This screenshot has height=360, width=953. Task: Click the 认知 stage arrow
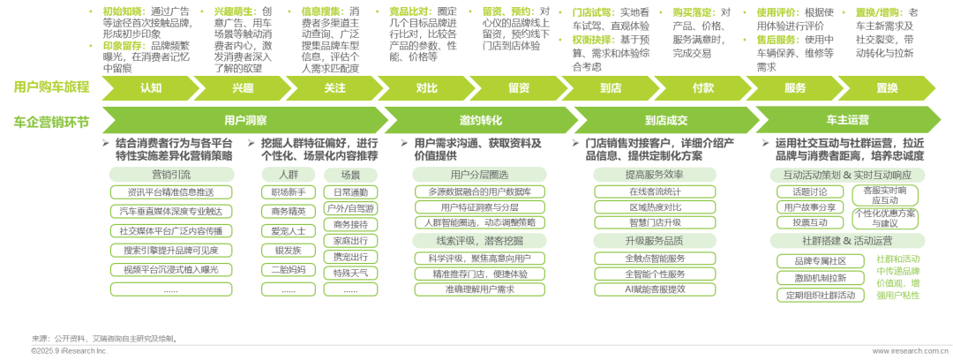[150, 87]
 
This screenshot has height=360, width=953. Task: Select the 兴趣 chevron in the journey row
[242, 87]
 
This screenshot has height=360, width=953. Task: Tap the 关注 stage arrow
[334, 87]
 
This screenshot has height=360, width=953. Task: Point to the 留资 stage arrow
[518, 87]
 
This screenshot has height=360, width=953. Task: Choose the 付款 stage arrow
[702, 87]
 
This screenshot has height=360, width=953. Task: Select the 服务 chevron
[794, 87]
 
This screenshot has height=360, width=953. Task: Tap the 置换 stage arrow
[886, 87]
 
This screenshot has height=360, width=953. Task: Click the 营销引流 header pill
[171, 175]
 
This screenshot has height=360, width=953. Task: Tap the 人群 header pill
[288, 175]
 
